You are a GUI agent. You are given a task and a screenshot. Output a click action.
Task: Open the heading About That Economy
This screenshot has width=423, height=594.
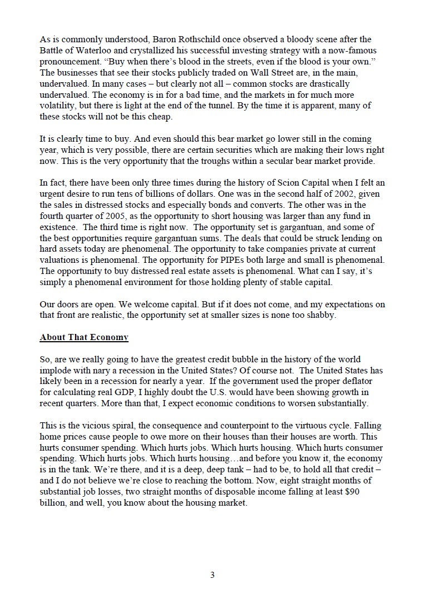pos(84,337)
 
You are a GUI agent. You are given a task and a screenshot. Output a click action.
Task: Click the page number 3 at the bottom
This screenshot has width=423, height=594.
pos(212,575)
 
